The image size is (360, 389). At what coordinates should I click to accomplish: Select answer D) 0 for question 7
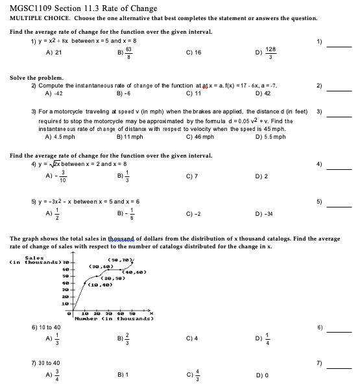pyautogui.click(x=262, y=375)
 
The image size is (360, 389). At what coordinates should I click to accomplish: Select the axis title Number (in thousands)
pyautogui.click(x=104, y=318)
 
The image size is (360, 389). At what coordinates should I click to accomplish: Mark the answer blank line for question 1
pyautogui.click(x=338, y=46)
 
